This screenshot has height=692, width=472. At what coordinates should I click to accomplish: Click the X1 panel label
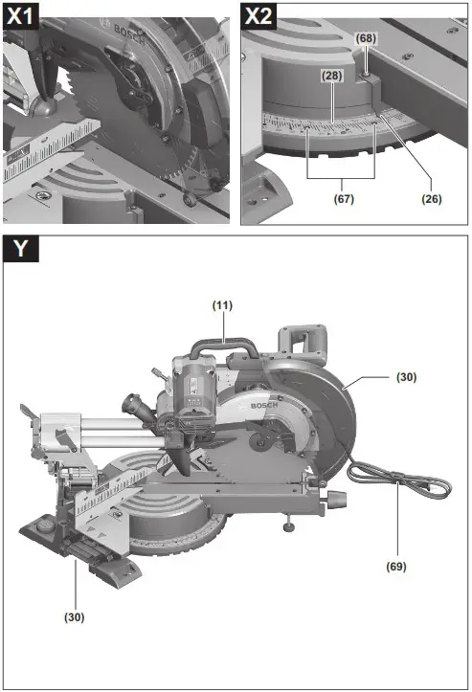pyautogui.click(x=20, y=16)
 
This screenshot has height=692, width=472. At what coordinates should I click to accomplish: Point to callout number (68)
pyautogui.click(x=366, y=37)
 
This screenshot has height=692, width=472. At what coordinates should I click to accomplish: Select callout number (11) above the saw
pyautogui.click(x=222, y=304)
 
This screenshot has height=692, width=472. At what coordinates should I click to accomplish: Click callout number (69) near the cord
pyautogui.click(x=397, y=566)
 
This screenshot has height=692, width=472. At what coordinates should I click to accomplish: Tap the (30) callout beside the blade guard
pyautogui.click(x=407, y=377)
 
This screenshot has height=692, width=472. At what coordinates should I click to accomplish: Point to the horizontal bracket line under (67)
pyautogui.click(x=341, y=179)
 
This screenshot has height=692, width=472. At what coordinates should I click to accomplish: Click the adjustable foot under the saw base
pyautogui.click(x=286, y=525)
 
